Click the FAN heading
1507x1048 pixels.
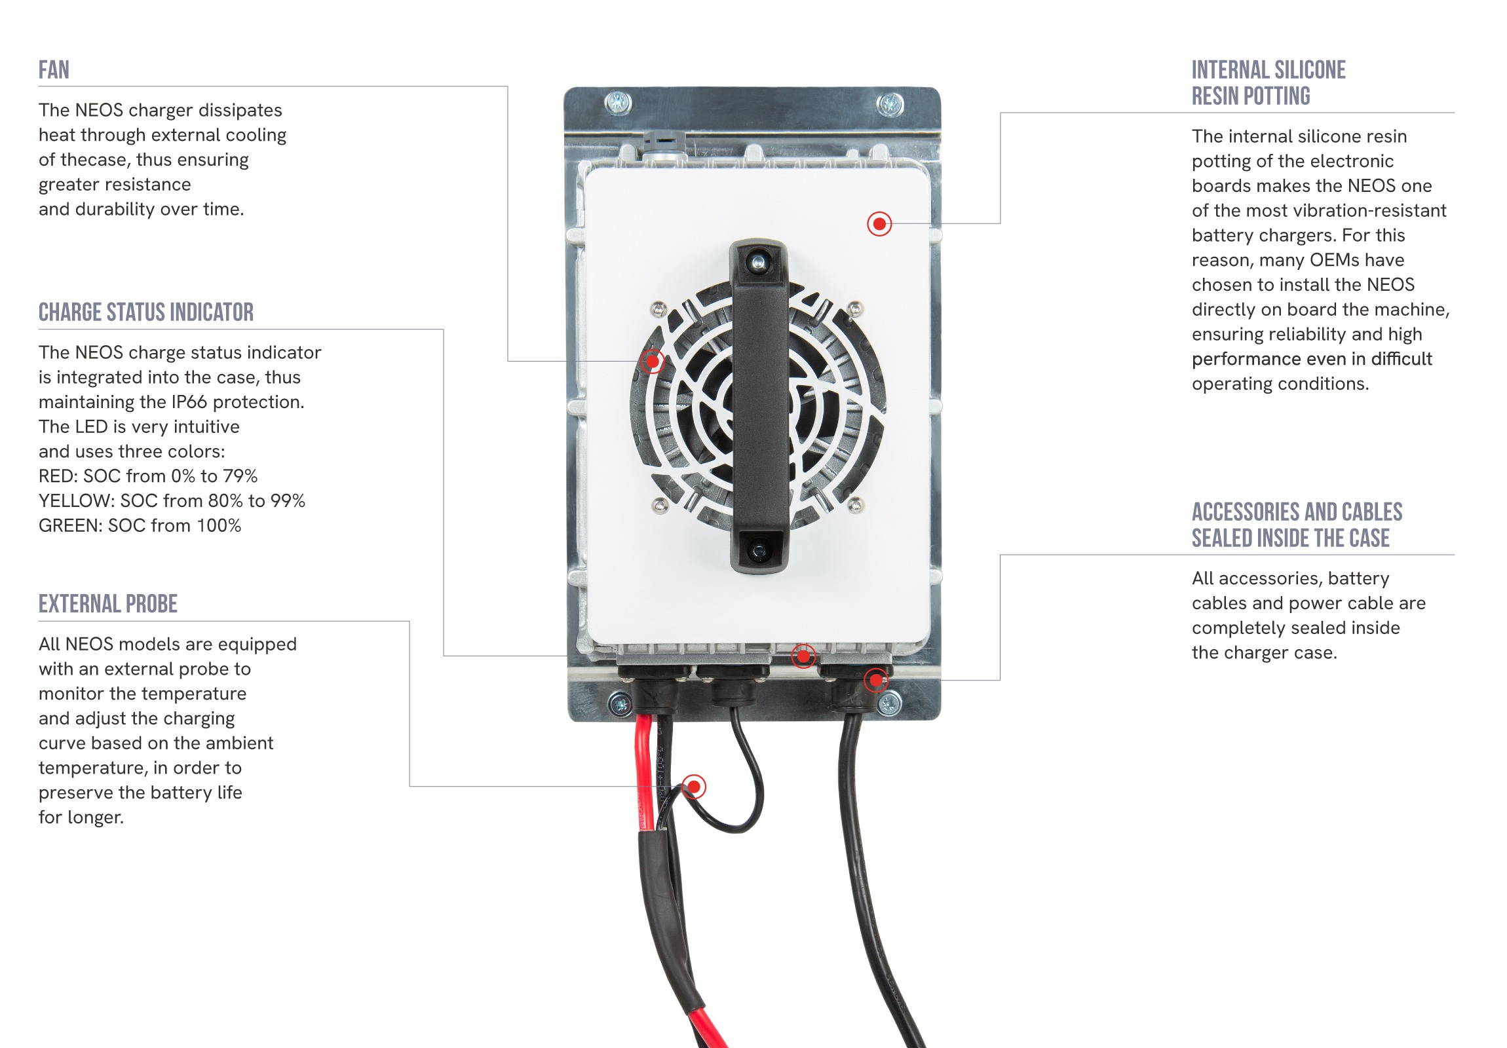pos(54,70)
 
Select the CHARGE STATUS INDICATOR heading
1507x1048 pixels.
pos(145,312)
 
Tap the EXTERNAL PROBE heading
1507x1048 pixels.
pos(107,604)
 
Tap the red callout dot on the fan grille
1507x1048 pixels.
pos(653,361)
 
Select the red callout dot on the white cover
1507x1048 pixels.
pos(879,224)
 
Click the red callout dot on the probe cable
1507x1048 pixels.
pos(694,786)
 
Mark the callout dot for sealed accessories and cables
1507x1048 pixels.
pos(876,681)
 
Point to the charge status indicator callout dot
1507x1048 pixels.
pos(803,656)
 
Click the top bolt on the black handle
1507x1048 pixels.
pos(759,263)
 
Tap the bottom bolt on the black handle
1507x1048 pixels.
pos(759,550)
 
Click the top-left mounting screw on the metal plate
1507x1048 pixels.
pos(619,102)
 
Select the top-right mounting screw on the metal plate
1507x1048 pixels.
pos(890,103)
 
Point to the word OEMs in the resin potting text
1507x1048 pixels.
pos(1336,260)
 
